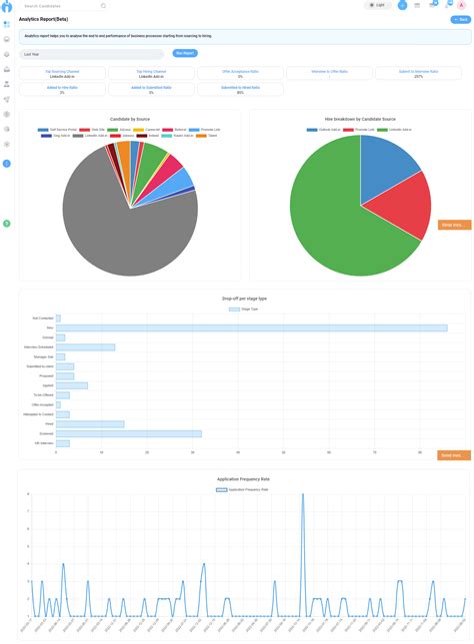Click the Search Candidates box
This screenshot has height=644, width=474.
click(x=62, y=5)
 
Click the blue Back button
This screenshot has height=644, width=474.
click(x=460, y=19)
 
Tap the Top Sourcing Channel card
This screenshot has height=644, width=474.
click(x=62, y=74)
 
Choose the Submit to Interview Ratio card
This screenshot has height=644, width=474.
click(x=418, y=74)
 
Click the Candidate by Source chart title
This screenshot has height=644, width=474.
click(x=130, y=118)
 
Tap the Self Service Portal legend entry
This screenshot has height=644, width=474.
click(x=54, y=130)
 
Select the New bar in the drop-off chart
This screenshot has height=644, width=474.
click(x=250, y=327)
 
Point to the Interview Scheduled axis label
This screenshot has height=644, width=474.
click(x=41, y=347)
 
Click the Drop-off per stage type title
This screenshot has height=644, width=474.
click(x=244, y=299)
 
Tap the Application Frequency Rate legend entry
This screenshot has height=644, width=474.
click(x=243, y=489)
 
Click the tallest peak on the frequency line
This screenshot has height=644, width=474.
click(x=303, y=495)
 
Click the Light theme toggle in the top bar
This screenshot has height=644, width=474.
click(x=377, y=5)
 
